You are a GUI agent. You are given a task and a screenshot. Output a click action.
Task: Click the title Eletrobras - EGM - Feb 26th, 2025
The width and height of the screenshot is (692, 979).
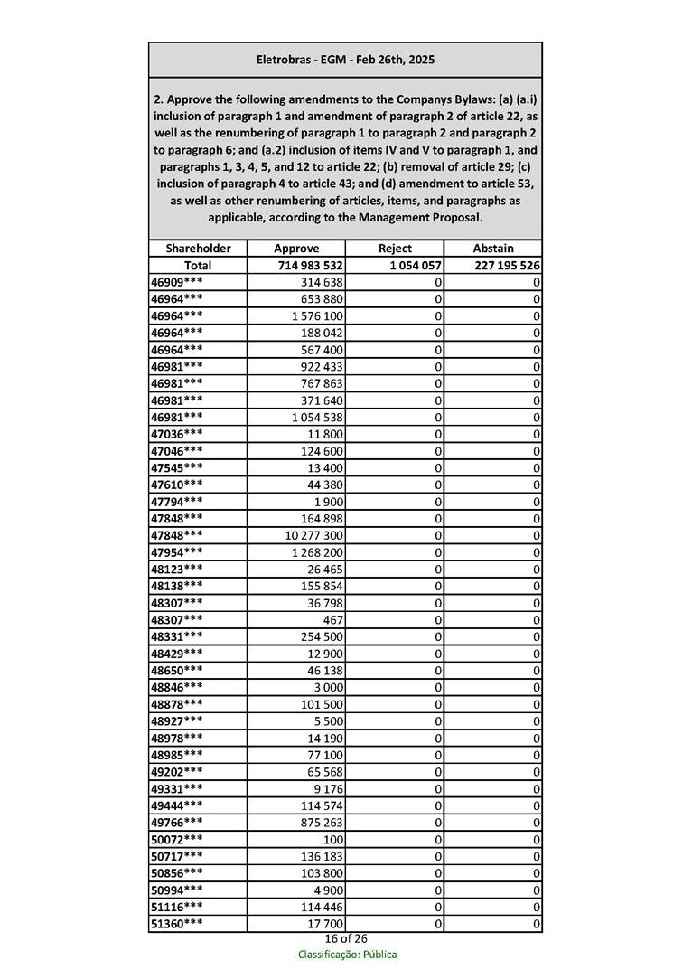[x=345, y=60]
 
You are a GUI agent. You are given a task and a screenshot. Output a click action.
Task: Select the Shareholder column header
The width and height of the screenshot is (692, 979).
[x=198, y=249]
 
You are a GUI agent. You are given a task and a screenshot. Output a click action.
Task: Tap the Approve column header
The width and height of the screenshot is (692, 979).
[x=296, y=249]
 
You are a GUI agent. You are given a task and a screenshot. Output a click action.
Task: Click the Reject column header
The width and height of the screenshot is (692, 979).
[x=395, y=249]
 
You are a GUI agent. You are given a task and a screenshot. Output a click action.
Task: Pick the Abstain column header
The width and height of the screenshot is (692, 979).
[x=493, y=249]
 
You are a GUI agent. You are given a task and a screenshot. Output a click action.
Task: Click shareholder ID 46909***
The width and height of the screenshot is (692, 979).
[x=177, y=282]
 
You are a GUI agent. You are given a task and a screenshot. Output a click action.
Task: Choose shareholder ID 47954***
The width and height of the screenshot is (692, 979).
[x=177, y=552]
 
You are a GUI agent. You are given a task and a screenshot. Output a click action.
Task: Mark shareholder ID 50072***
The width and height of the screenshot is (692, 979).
[x=177, y=840]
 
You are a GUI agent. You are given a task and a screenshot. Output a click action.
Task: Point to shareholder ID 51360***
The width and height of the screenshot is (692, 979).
[x=177, y=924]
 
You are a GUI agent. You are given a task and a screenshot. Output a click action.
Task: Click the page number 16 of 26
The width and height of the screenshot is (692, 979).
[x=346, y=939]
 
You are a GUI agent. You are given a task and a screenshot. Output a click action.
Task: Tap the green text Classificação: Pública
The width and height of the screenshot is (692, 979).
[x=347, y=955]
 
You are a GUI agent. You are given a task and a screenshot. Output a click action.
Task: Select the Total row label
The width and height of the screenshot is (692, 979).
[x=198, y=266]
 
